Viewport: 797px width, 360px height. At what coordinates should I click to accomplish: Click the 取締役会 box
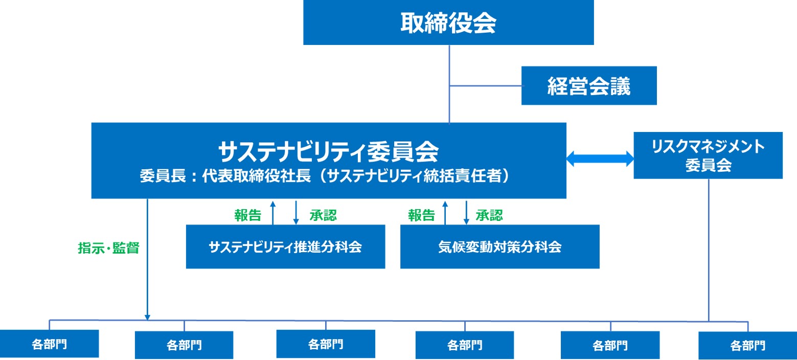pos(448,22)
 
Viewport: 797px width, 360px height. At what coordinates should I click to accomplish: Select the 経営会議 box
pos(589,85)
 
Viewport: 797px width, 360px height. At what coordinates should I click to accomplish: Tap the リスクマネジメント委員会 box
pos(708,155)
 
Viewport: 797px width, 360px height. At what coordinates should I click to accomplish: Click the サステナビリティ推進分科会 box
pos(285,246)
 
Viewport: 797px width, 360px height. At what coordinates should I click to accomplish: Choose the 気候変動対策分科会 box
pos(500,246)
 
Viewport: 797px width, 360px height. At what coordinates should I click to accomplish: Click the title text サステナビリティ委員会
pos(328,151)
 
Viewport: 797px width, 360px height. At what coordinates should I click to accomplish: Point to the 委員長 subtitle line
pos(325,176)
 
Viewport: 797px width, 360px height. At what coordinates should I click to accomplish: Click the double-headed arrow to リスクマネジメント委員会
pos(600,159)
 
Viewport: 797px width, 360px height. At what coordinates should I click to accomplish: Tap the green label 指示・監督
pos(108,248)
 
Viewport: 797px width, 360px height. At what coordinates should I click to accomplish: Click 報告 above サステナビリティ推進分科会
pos(247,215)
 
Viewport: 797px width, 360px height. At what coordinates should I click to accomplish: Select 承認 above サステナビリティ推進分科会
pos(323,215)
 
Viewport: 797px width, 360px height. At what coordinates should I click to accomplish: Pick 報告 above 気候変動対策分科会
pos(421,215)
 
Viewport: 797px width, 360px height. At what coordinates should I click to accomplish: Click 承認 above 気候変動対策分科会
pos(489,215)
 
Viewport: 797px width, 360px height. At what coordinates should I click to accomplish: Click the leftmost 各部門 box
pos(49,344)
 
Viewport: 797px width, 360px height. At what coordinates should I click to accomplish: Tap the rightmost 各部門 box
pos(747,345)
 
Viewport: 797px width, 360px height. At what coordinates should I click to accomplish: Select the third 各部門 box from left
pos(326,344)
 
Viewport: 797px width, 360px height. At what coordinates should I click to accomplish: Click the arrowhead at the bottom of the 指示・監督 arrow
pos(147,318)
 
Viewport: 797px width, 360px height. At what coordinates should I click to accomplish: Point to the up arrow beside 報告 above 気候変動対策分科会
pos(445,213)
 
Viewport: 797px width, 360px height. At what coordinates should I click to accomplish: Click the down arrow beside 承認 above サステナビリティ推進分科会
pos(296,213)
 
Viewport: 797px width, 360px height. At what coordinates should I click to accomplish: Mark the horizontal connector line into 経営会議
pos(487,86)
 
